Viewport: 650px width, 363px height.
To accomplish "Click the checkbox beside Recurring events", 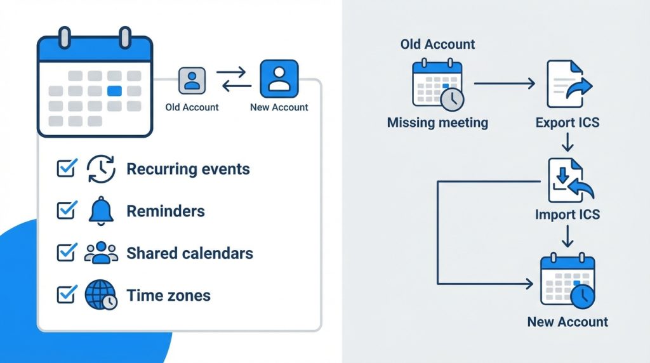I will click(66, 168).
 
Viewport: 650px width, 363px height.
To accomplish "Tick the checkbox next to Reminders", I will click(66, 210).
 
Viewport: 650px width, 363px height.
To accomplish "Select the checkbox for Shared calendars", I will click(66, 253).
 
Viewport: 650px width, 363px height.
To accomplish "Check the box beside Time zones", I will click(66, 294).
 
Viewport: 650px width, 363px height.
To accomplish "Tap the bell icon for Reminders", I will click(101, 210).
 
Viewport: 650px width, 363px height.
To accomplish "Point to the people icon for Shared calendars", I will click(101, 253).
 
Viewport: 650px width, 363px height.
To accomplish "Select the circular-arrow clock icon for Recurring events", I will click(101, 169).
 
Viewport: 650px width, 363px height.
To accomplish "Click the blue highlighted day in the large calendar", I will click(114, 91).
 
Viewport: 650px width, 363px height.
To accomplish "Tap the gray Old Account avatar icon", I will click(192, 81).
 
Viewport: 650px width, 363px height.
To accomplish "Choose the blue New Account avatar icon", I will click(279, 79).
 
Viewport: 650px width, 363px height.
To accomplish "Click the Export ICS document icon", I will click(567, 84).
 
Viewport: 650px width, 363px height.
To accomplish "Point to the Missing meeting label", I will click(437, 122).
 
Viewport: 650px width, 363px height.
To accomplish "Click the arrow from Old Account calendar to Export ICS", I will click(505, 83).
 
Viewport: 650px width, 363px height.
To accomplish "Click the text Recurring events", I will click(188, 169).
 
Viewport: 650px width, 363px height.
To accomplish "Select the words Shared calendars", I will click(190, 253).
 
